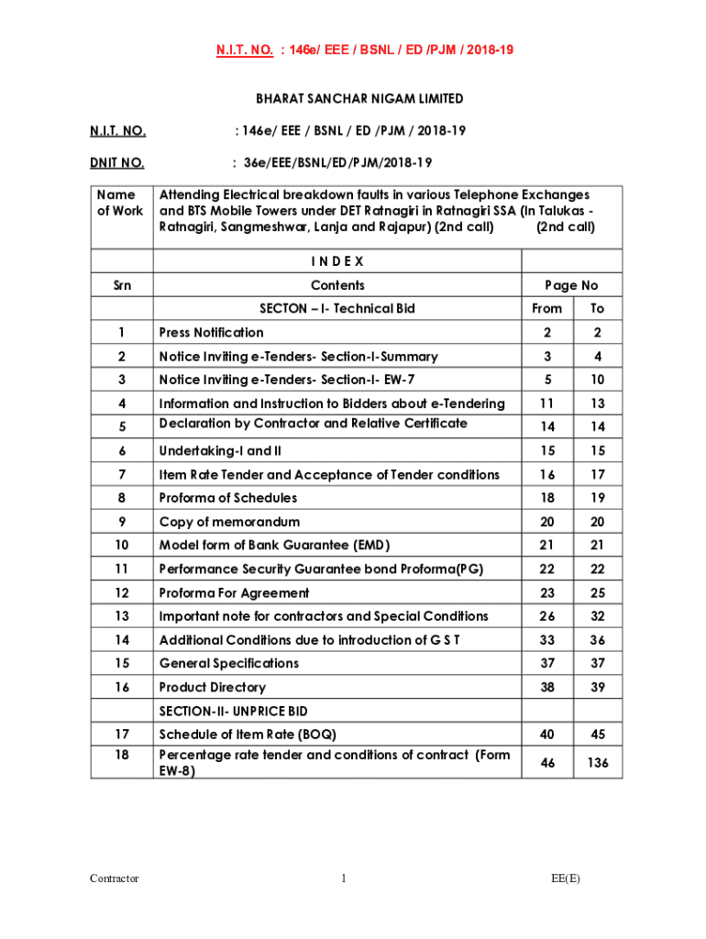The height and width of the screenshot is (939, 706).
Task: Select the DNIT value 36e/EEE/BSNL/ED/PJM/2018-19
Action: (331, 163)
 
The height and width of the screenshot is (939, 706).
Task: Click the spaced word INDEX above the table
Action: (337, 261)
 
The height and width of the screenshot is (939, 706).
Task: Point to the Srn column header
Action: (121, 285)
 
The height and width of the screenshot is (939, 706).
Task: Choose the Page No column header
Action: (570, 285)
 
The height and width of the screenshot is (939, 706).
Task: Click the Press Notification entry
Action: (211, 333)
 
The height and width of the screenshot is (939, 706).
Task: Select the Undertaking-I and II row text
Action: (220, 451)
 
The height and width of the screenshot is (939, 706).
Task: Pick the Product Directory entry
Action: (213, 687)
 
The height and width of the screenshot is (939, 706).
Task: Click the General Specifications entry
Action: (229, 663)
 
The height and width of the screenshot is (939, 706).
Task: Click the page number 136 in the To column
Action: (598, 762)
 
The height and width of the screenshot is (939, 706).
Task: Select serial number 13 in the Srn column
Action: (121, 616)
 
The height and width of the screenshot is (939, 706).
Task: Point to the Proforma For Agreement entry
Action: (235, 593)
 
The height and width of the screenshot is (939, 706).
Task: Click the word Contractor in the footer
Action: (115, 878)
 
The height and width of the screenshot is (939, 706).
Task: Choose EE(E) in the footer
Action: (566, 878)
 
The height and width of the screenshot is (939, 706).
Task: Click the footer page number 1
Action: (343, 878)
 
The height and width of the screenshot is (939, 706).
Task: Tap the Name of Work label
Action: (121, 203)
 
